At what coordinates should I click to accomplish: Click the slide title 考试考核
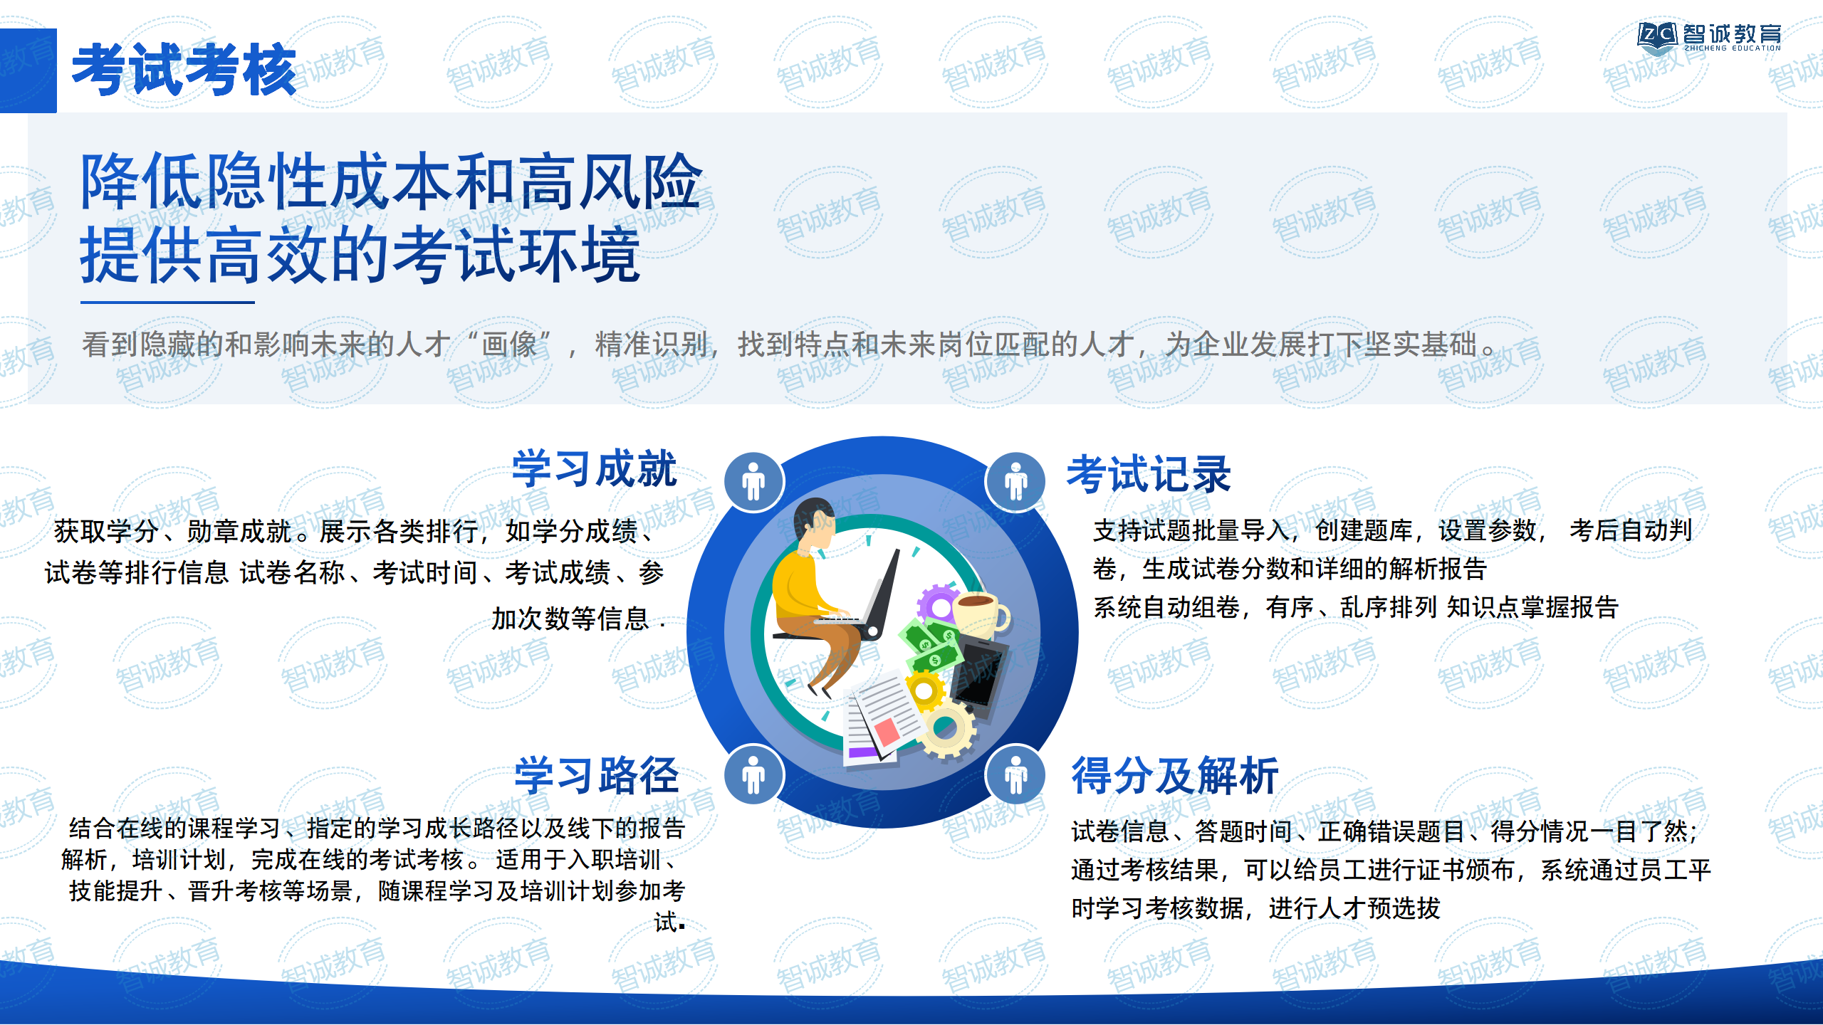pyautogui.click(x=184, y=69)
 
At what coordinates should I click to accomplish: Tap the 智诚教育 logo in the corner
pyautogui.click(x=1708, y=37)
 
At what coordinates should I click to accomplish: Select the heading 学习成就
pyautogui.click(x=595, y=468)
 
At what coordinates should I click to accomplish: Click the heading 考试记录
pyautogui.click(x=1149, y=474)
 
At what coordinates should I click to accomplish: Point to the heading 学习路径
pyautogui.click(x=597, y=775)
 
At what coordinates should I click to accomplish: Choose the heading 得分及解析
pyautogui.click(x=1175, y=775)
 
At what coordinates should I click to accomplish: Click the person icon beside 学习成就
pyautogui.click(x=753, y=482)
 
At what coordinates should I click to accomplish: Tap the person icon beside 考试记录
pyautogui.click(x=1016, y=482)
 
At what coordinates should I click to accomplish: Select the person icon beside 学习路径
pyautogui.click(x=753, y=774)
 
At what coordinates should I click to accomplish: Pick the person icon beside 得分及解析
pyautogui.click(x=1016, y=774)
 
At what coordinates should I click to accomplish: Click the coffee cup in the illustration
pyautogui.click(x=980, y=614)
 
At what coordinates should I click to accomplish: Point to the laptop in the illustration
pyautogui.click(x=872, y=598)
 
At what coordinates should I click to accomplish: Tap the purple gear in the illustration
pyautogui.click(x=939, y=606)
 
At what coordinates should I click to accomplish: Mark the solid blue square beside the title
pyautogui.click(x=28, y=70)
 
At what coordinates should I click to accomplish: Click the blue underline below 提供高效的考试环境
pyautogui.click(x=167, y=303)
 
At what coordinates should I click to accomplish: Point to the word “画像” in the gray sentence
pyautogui.click(x=508, y=345)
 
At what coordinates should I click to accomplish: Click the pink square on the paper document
pyautogui.click(x=887, y=731)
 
